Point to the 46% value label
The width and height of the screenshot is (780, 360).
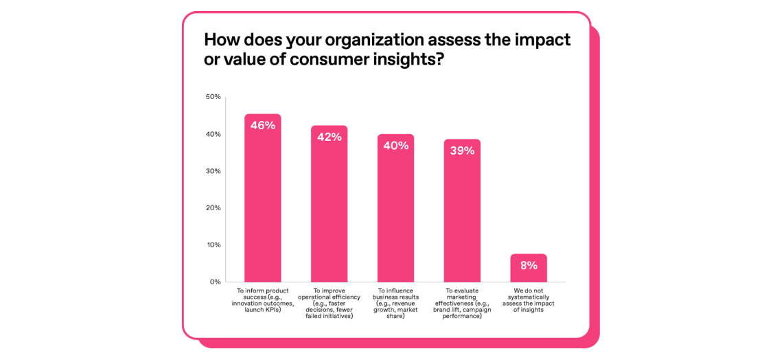pos(262,125)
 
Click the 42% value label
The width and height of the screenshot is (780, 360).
pos(329,137)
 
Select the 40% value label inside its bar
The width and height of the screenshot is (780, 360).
pos(395,146)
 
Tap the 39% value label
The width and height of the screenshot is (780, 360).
pos(462,150)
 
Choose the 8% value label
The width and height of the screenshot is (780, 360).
pos(529,265)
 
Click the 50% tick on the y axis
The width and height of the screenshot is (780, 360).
pos(213,97)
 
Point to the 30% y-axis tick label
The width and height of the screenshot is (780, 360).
pos(213,171)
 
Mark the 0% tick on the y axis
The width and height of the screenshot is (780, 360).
pos(215,282)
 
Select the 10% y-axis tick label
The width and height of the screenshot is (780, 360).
pos(213,245)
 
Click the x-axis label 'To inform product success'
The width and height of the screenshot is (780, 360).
pos(262,300)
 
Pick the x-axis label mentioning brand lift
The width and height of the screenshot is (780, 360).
pos(462,303)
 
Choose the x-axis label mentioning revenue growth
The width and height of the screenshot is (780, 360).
pos(395,303)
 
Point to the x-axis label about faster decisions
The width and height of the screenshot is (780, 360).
pos(329,303)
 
